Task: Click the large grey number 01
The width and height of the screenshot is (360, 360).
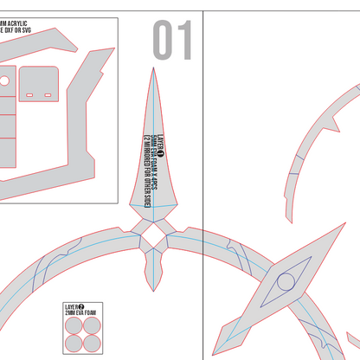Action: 172,41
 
